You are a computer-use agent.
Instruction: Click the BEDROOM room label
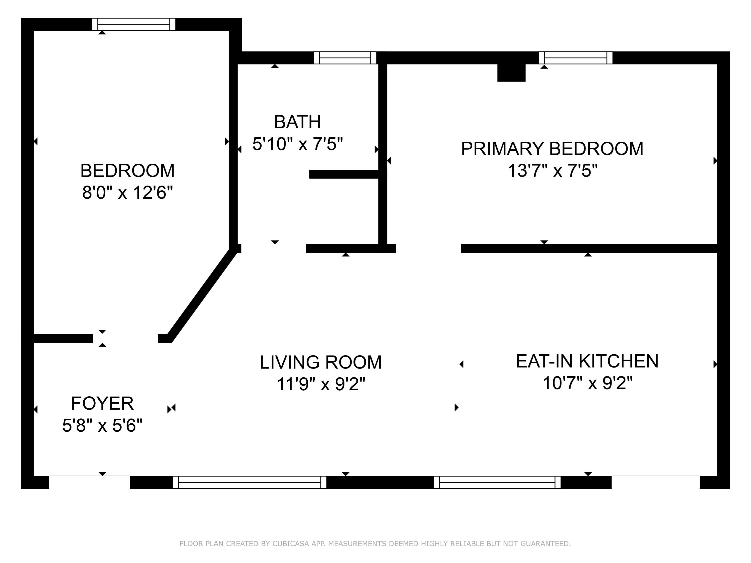[127, 171]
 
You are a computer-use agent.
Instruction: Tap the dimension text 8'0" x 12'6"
[127, 193]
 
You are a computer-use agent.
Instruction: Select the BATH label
[297, 122]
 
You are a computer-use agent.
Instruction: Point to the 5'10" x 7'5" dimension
[297, 144]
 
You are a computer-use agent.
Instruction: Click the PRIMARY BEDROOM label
[552, 149]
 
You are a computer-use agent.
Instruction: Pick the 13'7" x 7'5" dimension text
[552, 171]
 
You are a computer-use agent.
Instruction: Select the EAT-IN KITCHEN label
[587, 361]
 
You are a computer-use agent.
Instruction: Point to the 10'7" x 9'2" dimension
[587, 383]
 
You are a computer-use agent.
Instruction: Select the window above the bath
[345, 58]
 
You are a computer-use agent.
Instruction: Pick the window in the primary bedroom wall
[576, 58]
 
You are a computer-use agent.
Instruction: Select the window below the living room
[250, 482]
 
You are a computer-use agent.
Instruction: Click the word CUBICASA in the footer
[290, 544]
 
